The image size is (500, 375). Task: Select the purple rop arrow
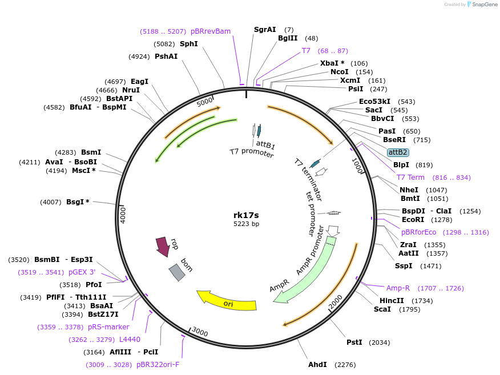pos(163,247)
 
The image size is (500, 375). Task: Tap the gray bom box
pos(177,272)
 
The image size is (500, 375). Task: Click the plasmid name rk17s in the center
pos(246,215)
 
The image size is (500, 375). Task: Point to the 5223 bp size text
pos(246,224)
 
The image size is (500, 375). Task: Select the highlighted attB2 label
pos(397,152)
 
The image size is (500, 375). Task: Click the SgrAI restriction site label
pos(265,30)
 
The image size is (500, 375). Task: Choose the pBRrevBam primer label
pos(211,31)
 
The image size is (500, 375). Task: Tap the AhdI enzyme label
pos(317,364)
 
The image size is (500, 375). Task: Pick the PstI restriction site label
pos(354,342)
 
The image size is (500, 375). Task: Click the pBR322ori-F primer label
pos(158,365)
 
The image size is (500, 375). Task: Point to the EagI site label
pos(139,82)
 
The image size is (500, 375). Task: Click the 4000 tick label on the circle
pos(123,215)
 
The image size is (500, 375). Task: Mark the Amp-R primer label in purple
pos(398,288)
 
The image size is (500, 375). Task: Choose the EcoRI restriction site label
pos(412,220)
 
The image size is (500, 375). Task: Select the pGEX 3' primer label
pos(82,272)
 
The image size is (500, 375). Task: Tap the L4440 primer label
pos(130,340)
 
